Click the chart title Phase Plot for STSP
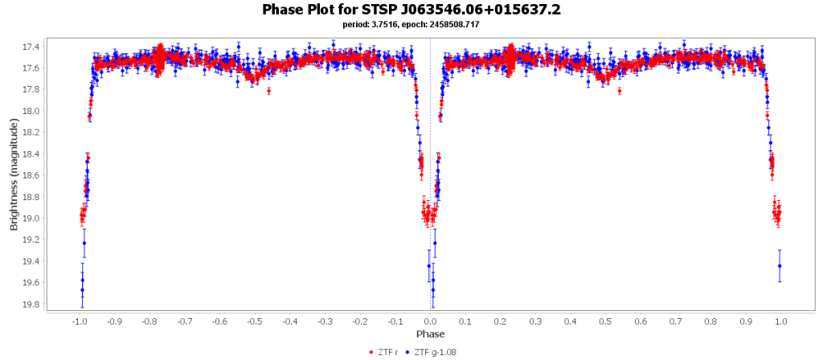coord(411,10)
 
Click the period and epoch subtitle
coord(411,24)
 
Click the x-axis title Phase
coord(430,333)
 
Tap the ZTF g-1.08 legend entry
coord(433,352)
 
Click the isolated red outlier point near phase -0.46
coord(269,91)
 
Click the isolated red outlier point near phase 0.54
coord(620,91)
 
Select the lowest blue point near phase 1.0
coord(780,266)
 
